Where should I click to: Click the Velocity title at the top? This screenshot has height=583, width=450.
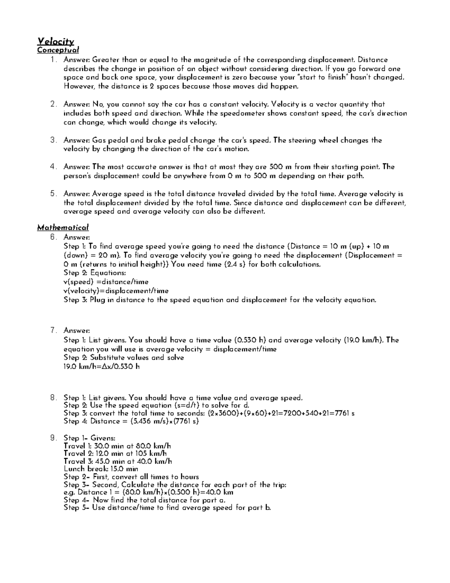pos(55,42)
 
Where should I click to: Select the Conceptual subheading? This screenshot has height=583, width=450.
pos(58,50)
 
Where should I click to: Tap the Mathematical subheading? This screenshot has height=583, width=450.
pos(63,227)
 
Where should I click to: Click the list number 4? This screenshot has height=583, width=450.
pos(53,167)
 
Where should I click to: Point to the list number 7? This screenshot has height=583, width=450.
pos(53,331)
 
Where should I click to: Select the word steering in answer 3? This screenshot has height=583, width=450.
pos(302,140)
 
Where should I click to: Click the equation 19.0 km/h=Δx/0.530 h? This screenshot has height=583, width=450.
pos(102,366)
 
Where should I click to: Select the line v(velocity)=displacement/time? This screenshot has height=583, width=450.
pos(116,291)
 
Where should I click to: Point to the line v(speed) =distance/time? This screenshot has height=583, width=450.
pos(106,282)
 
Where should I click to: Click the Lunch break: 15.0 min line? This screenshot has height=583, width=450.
pos(101,469)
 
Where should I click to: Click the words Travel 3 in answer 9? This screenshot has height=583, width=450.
pos(76,461)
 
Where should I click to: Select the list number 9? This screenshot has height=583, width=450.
pos(53,438)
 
